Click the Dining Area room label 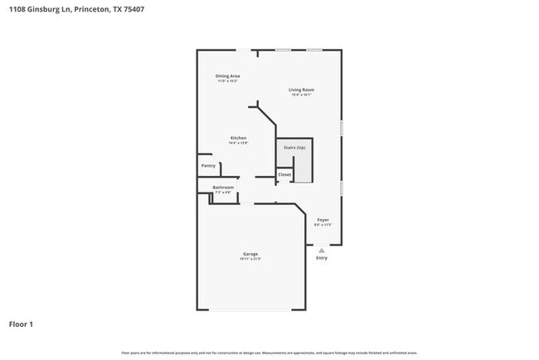[228, 75]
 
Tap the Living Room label [301, 90]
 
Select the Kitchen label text [239, 137]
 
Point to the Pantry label [208, 166]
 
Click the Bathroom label [223, 187]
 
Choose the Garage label [250, 254]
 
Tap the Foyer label [323, 220]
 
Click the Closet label [284, 174]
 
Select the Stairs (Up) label [295, 148]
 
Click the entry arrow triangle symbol [322, 248]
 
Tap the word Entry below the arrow [322, 258]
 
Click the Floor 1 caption [21, 324]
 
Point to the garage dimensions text [250, 260]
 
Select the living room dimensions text [301, 95]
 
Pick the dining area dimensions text [228, 81]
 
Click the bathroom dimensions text [223, 192]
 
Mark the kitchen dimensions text [239, 143]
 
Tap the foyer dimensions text [323, 225]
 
